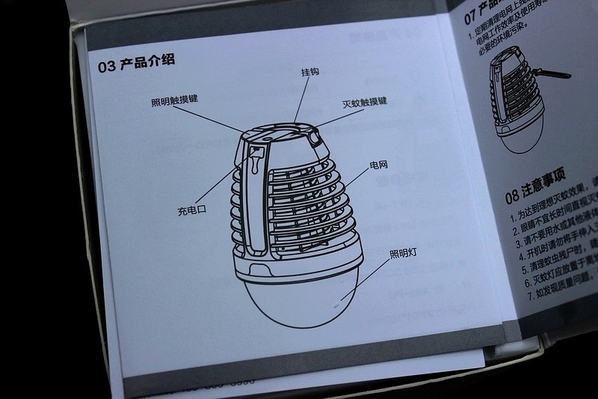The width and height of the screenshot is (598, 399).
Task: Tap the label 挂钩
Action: click(x=309, y=73)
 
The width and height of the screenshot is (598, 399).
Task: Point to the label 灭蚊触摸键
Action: click(x=364, y=103)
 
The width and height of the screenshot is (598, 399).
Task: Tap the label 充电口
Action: click(x=191, y=210)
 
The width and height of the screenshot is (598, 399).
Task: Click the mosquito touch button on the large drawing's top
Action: click(x=314, y=137)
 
